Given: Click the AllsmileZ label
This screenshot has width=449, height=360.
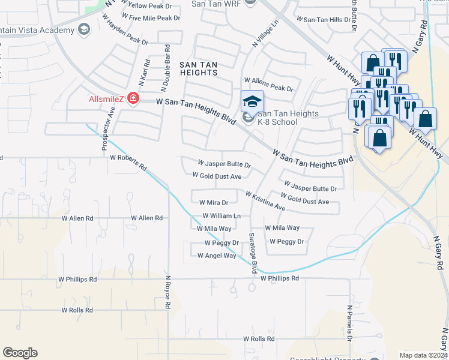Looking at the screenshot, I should coord(105,98).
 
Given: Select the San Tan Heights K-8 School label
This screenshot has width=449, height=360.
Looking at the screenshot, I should coord(277,118).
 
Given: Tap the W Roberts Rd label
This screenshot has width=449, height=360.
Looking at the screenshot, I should coord(128,162).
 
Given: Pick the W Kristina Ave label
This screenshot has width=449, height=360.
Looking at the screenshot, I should coord(265,201).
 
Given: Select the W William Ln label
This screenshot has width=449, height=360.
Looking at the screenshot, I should coord(221,215).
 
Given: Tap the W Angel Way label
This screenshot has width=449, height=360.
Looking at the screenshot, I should coord(217,256).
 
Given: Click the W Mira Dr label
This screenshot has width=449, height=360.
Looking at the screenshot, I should coord(214,203).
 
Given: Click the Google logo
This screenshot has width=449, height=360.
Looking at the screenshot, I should coord(20,353).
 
